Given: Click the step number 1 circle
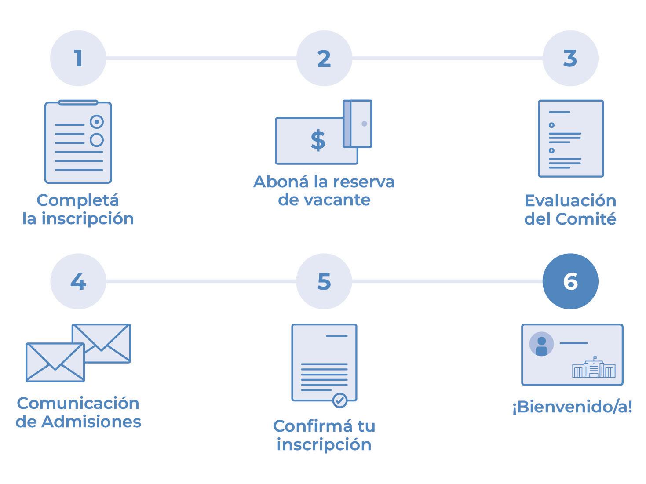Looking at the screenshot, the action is pyautogui.click(x=78, y=58).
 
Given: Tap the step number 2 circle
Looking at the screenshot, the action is pyautogui.click(x=324, y=58).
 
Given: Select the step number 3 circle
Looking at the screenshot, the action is pyautogui.click(x=570, y=58).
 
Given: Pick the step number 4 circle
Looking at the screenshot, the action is pyautogui.click(x=78, y=281).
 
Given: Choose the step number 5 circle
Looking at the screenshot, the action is pyautogui.click(x=324, y=281).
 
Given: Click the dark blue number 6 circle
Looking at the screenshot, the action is pyautogui.click(x=570, y=281).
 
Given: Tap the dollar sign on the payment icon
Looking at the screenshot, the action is pyautogui.click(x=318, y=140).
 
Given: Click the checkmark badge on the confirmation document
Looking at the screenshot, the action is pyautogui.click(x=339, y=400).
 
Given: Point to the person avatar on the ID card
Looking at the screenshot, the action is pyautogui.click(x=542, y=344).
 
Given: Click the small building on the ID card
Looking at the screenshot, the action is pyautogui.click(x=593, y=368).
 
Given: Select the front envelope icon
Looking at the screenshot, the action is pyautogui.click(x=55, y=362).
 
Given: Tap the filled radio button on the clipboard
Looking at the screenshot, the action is pyautogui.click(x=97, y=122).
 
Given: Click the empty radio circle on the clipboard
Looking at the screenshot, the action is pyautogui.click(x=97, y=140).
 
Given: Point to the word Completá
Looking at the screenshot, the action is pyautogui.click(x=78, y=200).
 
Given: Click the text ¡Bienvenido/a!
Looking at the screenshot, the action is pyautogui.click(x=572, y=408).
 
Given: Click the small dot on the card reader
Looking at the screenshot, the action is pyautogui.click(x=364, y=124).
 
